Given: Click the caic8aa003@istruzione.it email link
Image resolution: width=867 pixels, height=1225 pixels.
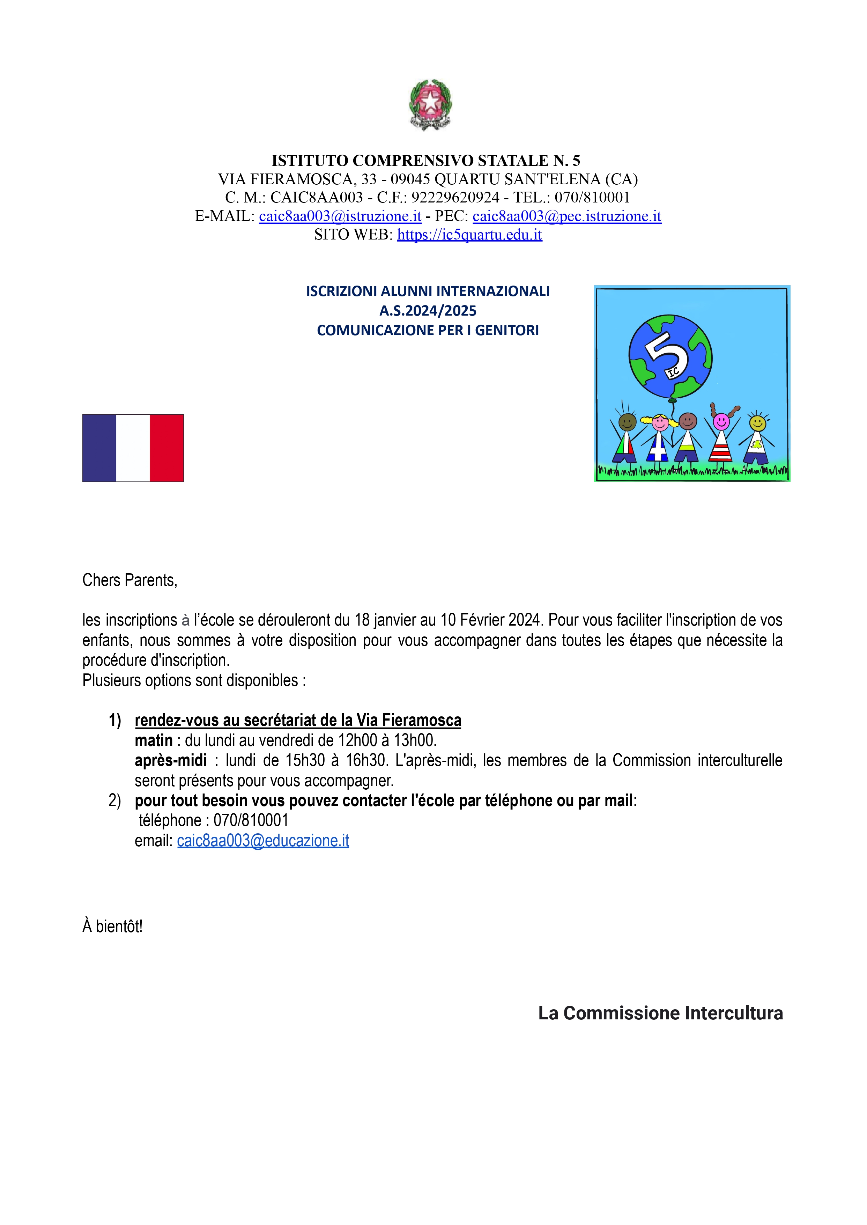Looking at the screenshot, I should (340, 216).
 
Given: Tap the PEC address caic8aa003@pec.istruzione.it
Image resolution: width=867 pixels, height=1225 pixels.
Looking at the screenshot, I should (566, 216).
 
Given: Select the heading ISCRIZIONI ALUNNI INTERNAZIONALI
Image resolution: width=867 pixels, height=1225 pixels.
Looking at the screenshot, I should (428, 291).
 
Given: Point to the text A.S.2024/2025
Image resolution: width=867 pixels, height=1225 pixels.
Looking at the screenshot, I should (428, 311).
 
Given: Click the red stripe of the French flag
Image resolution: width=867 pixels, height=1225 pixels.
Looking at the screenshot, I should (166, 448).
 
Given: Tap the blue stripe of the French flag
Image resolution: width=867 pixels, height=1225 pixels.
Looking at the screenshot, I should (99, 448).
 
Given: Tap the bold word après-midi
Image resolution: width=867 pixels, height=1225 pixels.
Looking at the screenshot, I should (171, 760).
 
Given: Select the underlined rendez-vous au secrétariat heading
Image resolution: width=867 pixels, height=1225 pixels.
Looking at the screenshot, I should (298, 720).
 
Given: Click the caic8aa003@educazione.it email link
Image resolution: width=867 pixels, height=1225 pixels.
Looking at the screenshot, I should (263, 841).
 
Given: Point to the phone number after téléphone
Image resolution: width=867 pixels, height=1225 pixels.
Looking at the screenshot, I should (251, 820).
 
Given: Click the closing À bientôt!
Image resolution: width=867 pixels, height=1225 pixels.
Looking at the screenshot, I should (113, 927).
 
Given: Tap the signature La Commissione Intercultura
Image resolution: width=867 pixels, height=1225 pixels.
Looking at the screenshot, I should (660, 1013).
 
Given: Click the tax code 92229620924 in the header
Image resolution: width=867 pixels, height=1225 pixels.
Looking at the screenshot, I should (455, 198).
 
